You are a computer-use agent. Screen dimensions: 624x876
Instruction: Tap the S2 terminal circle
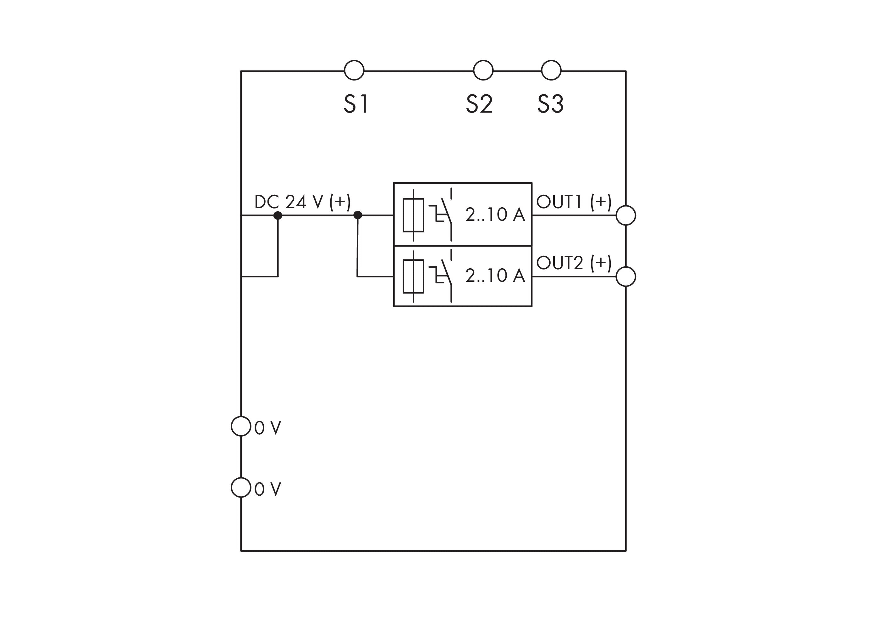pos(483,70)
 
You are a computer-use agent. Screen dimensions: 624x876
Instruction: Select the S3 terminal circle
pos(551,70)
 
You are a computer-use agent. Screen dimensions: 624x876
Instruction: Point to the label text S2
pos(479,104)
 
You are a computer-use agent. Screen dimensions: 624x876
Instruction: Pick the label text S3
pos(550,104)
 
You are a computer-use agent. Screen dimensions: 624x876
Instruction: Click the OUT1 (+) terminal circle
pos(625,215)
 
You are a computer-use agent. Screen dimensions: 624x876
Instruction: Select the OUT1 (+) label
pos(574,202)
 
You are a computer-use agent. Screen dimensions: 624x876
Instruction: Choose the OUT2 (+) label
pos(574,263)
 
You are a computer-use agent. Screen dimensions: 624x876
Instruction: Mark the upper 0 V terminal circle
pos(241,426)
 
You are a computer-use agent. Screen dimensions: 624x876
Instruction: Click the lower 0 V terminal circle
pos(241,487)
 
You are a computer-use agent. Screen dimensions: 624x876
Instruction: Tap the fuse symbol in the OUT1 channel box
pos(413,215)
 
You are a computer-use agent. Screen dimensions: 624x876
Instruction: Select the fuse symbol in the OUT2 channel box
pos(413,276)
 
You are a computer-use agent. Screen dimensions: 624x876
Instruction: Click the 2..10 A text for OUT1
pos(495,214)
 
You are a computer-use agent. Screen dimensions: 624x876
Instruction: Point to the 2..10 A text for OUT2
pos(495,276)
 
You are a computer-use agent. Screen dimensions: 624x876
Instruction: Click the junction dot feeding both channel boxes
pos(358,215)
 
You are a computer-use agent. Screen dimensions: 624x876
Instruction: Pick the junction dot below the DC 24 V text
pos(278,215)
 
